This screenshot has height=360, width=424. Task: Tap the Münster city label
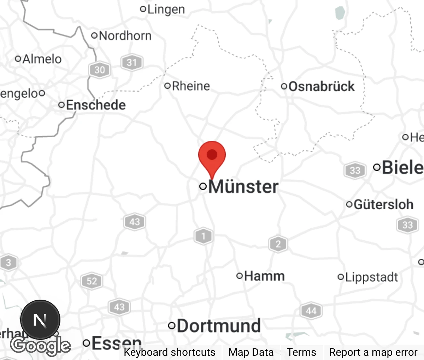pyautogui.click(x=243, y=187)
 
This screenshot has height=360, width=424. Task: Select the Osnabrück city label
pyautogui.click(x=321, y=86)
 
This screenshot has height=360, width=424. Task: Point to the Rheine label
pyautogui.click(x=190, y=86)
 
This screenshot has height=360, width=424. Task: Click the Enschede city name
pyautogui.click(x=95, y=105)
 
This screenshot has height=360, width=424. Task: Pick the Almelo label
pyautogui.click(x=42, y=59)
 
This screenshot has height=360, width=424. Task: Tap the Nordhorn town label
pyautogui.click(x=125, y=36)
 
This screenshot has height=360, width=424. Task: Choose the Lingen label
pyautogui.click(x=166, y=9)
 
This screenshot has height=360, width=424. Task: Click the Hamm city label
pyautogui.click(x=264, y=276)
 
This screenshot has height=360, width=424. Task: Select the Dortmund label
pyautogui.click(x=219, y=326)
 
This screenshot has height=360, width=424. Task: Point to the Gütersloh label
pyautogui.click(x=383, y=204)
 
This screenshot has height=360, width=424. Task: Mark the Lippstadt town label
pyautogui.click(x=371, y=277)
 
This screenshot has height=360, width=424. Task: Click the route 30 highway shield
pyautogui.click(x=99, y=70)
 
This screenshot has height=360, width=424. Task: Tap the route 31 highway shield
pyautogui.click(x=131, y=63)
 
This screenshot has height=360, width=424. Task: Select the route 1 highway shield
pyautogui.click(x=203, y=236)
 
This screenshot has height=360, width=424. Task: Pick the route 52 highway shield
pyautogui.click(x=92, y=281)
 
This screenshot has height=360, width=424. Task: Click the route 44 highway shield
pyautogui.click(x=311, y=311)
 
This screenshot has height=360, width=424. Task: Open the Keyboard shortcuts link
pyautogui.click(x=169, y=352)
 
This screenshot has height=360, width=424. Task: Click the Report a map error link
pyautogui.click(x=373, y=352)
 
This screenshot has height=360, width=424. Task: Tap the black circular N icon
pyautogui.click(x=40, y=320)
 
